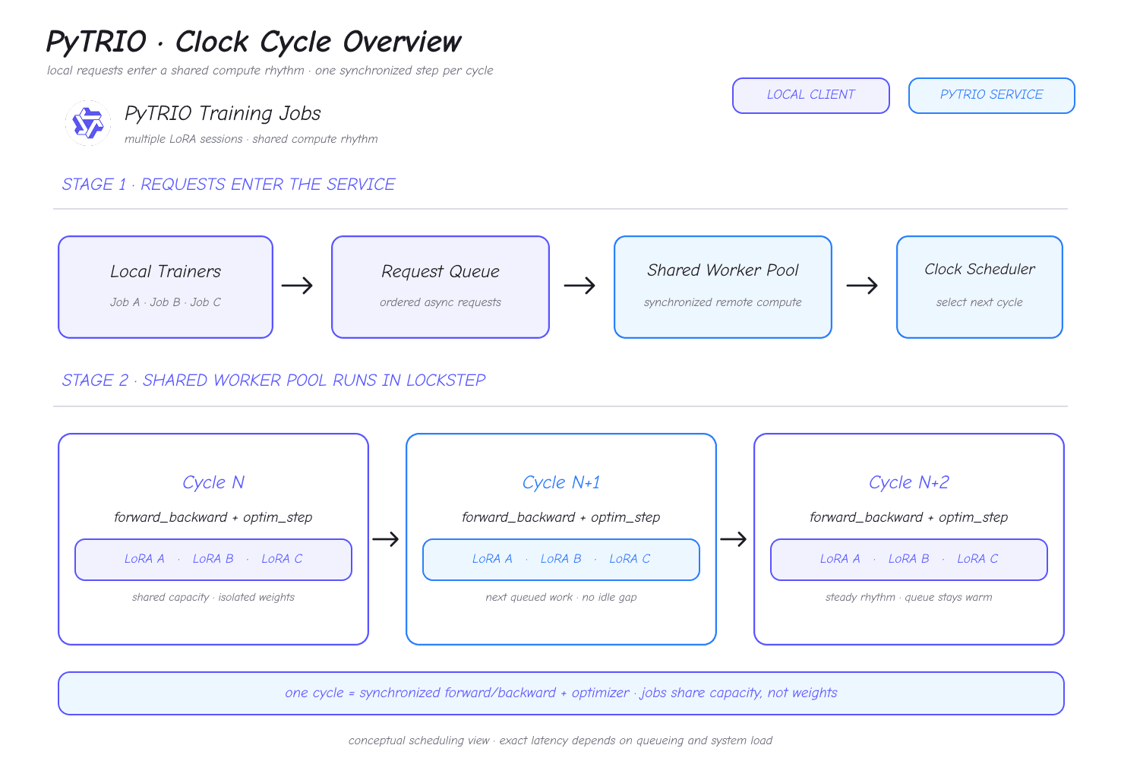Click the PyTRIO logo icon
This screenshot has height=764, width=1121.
tap(88, 122)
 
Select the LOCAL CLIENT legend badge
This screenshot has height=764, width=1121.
tap(810, 96)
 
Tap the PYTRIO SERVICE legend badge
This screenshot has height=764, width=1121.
tap(991, 96)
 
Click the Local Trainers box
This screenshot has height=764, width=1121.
tap(166, 287)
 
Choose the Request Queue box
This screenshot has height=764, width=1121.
tap(441, 287)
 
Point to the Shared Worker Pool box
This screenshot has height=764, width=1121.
tap(722, 287)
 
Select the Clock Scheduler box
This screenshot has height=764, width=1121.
tap(980, 287)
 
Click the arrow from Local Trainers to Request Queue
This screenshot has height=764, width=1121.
tap(297, 286)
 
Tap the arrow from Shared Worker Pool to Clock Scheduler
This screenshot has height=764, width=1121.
tap(862, 286)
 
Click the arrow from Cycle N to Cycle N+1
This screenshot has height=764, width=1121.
tap(385, 539)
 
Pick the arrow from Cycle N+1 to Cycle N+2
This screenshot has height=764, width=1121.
tap(733, 539)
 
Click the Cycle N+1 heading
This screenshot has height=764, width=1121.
tap(561, 482)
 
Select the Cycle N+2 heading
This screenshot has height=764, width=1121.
tap(909, 482)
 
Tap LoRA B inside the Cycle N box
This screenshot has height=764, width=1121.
tap(213, 558)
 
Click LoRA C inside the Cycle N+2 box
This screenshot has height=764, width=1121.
tap(977, 558)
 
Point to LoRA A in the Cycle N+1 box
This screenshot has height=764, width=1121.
tap(492, 558)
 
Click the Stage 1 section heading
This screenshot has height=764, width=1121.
tap(228, 184)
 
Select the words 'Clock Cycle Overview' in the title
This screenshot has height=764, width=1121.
tap(318, 41)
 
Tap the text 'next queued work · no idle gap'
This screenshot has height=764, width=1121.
tap(561, 597)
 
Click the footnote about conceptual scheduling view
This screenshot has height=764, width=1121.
tap(560, 740)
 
